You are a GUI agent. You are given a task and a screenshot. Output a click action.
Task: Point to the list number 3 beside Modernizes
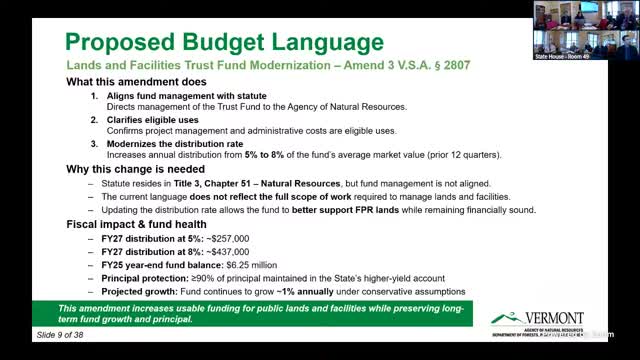click(x=94, y=144)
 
